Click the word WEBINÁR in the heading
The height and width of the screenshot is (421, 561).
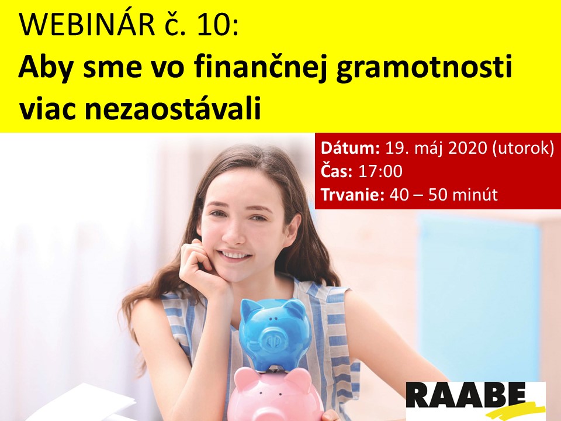click(x=87, y=25)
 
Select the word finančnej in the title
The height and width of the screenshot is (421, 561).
click(x=259, y=68)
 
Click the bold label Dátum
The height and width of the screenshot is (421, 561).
click(x=350, y=147)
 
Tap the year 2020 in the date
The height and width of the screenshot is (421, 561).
click(x=467, y=148)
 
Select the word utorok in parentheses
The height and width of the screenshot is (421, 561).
click(x=523, y=148)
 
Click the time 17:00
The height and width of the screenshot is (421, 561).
click(x=380, y=171)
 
